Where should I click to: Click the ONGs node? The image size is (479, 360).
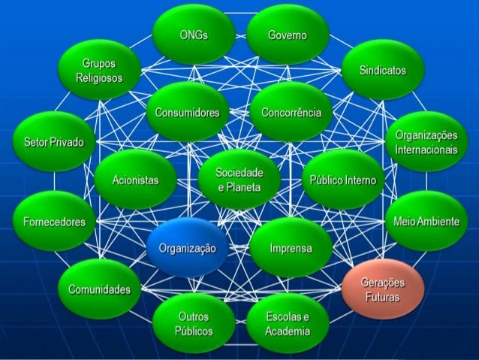coord(194,35)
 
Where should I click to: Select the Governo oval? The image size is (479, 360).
coord(287,35)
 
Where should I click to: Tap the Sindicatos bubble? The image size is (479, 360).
coord(382,70)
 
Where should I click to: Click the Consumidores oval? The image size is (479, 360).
coord(187,113)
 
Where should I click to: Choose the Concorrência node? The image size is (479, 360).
coord(291,113)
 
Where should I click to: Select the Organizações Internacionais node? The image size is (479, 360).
coord(426,142)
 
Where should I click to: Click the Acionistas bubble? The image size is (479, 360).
coord(135,180)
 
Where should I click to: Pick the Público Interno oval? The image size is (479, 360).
coord(342,180)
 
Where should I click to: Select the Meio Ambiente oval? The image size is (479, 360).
coord(426,222)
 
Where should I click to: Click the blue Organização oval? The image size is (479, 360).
coord(187,248)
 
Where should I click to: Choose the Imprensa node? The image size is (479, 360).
coord(291,248)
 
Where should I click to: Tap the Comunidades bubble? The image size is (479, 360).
coord(99,289)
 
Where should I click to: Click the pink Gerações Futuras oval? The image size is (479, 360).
coord(382,289)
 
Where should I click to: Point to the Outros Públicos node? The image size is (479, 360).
coord(194,324)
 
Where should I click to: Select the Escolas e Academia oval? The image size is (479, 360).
coord(287,324)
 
